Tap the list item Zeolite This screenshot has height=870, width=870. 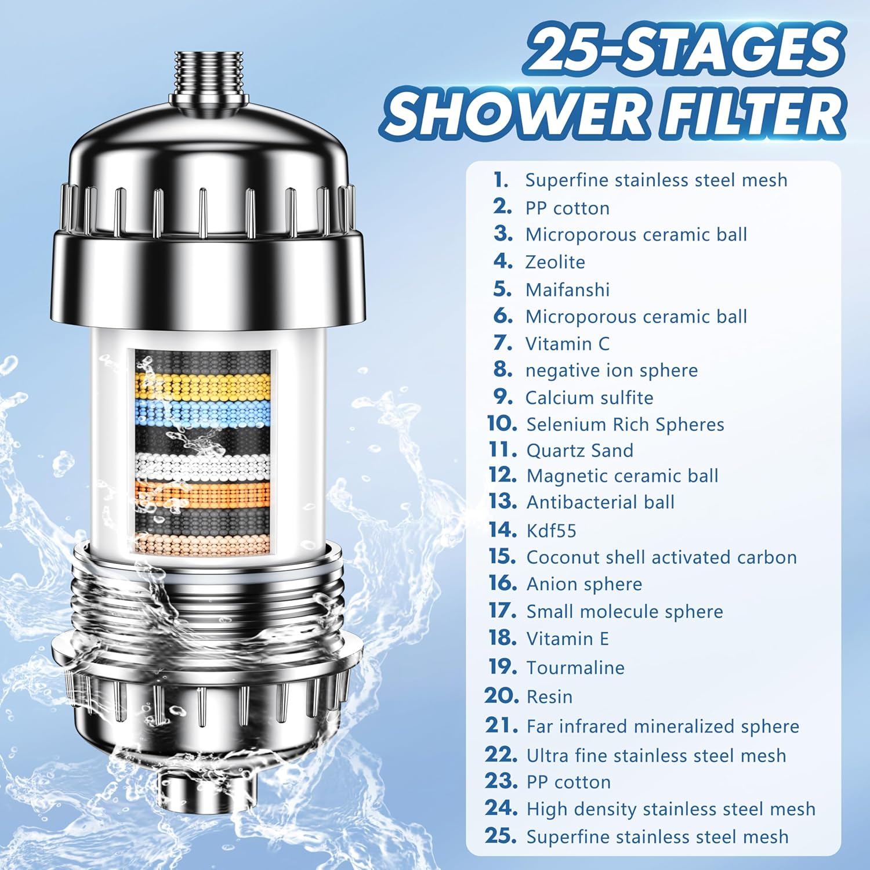pos(555,262)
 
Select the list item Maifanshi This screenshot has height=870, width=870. pos(567,289)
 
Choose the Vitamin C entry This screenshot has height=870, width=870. pos(567,344)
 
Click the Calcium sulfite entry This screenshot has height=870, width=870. pos(589,398)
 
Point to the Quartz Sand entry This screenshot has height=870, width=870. pos(579,451)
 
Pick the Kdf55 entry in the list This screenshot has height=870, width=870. pos(551,531)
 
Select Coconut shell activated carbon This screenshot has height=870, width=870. pos(661,557)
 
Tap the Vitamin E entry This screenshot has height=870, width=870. pos(567,639)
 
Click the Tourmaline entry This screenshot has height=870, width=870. pos(575,668)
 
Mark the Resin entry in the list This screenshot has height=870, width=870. pos(549,697)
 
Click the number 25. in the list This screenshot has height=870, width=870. pos(501,836)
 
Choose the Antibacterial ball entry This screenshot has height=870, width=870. pos(600,502)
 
